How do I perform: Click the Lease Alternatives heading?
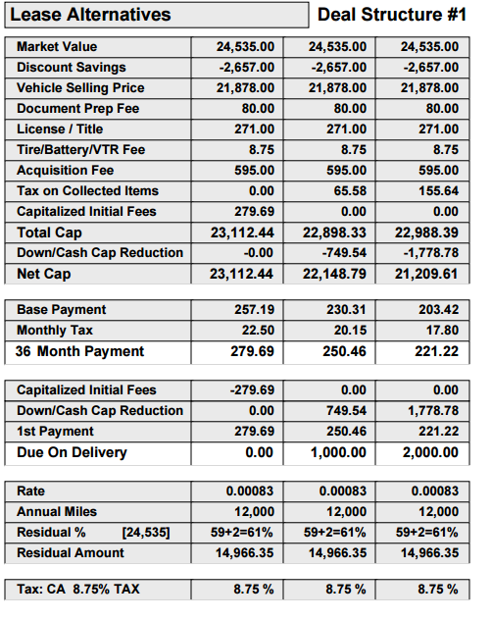90,15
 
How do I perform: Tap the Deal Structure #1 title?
392,15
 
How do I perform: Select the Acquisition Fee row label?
66,171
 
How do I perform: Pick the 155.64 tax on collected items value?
439,191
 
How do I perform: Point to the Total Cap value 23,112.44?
242,232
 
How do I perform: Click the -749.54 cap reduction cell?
344,253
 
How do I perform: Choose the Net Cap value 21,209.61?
426,274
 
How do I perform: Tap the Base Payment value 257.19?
254,309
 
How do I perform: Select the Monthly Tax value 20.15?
350,330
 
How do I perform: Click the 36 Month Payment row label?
79,351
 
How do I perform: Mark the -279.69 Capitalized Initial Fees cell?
252,389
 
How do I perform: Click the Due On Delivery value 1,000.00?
338,452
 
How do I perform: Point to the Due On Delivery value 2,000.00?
430,452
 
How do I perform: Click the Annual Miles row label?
57,512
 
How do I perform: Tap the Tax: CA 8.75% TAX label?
78,590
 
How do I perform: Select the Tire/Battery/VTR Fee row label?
80,150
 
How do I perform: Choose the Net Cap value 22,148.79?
334,274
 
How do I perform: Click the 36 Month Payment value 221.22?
437,351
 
